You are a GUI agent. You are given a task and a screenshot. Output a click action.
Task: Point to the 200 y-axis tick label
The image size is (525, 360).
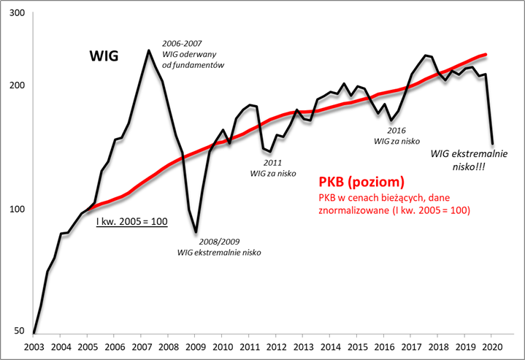pos(15,85)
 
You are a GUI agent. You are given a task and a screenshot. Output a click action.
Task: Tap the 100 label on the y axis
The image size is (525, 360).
pos(15,209)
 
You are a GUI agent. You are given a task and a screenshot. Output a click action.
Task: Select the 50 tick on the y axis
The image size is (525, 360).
pos(18,331)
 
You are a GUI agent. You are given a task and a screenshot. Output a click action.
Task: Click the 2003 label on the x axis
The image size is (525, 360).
pos(34,347)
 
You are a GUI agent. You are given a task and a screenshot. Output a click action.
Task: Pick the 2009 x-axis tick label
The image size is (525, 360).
pos(196,347)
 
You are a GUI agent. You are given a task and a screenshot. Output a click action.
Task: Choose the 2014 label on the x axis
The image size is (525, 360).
pos(331,347)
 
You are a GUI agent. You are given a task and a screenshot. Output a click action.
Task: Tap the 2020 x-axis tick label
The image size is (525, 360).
pos(493,347)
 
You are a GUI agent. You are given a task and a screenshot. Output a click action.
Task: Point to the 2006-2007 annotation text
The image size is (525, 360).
pos(182,42)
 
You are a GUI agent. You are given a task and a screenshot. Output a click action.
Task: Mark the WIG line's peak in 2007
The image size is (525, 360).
pos(149,50)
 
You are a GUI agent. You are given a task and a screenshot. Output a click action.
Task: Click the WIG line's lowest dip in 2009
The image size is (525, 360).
pos(196,232)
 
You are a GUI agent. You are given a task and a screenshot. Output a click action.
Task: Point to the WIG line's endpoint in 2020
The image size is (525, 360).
pos(492,144)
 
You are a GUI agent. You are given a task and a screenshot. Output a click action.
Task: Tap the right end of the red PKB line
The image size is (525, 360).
pos(486,55)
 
